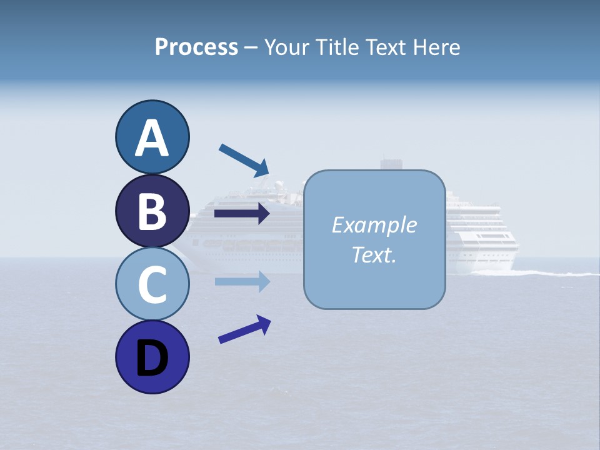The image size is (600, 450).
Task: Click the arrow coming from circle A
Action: pyautogui.click(x=244, y=159)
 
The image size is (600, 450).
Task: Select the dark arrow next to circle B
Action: pyautogui.click(x=242, y=214)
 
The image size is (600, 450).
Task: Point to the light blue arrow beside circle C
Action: pyautogui.click(x=242, y=282)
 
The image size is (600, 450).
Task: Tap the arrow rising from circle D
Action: pyautogui.click(x=244, y=329)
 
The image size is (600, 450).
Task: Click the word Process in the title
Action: pyautogui.click(x=196, y=47)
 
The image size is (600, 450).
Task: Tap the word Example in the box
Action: pyautogui.click(x=374, y=225)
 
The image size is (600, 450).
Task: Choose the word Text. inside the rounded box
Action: pyautogui.click(x=374, y=254)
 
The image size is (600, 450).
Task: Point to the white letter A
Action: pyautogui.click(x=152, y=139)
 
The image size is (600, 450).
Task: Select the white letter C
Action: pyautogui.click(x=152, y=284)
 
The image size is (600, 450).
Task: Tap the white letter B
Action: pyautogui.click(x=152, y=211)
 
